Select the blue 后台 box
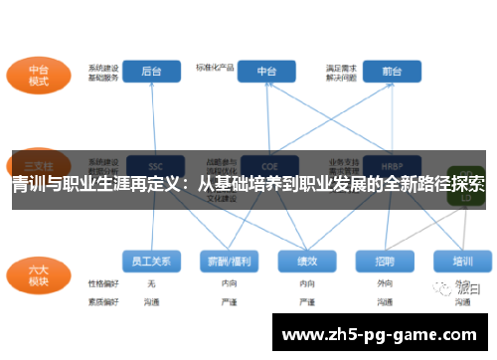(x=151, y=72)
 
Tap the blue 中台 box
(x=266, y=72)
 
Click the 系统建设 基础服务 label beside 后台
(x=103, y=72)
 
